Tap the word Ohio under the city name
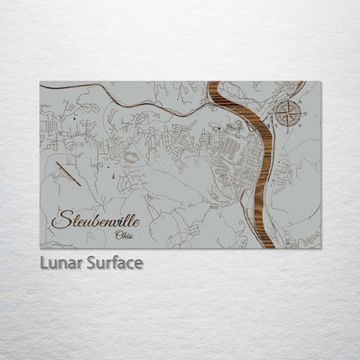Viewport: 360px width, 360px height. click(x=125, y=234)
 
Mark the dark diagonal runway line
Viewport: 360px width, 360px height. click(x=68, y=173)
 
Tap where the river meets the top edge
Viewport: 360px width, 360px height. click(x=214, y=83)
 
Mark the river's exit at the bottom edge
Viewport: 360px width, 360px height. click(x=268, y=247)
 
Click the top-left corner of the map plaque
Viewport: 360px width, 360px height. click(x=41, y=82)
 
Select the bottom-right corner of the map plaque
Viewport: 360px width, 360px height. click(x=320, y=247)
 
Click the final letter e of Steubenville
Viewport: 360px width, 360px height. click(x=136, y=221)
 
